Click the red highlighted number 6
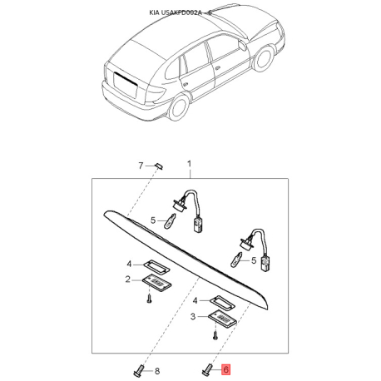pyautogui.click(x=225, y=369)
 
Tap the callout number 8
pyautogui.click(x=157, y=371)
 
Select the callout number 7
pyautogui.click(x=141, y=166)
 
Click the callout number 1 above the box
pyautogui.click(x=190, y=164)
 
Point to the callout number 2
pyautogui.click(x=127, y=280)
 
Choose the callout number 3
pyautogui.click(x=193, y=316)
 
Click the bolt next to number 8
pyautogui.click(x=139, y=370)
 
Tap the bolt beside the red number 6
pyautogui.click(x=207, y=369)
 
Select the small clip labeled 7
pyautogui.click(x=160, y=166)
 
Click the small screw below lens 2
pyautogui.click(x=150, y=299)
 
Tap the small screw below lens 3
pyautogui.click(x=215, y=335)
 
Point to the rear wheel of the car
pyautogui.click(x=179, y=106)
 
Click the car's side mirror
pyautogui.click(x=242, y=45)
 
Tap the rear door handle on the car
pyautogui.click(x=185, y=83)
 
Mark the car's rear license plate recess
pyautogui.click(x=126, y=85)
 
